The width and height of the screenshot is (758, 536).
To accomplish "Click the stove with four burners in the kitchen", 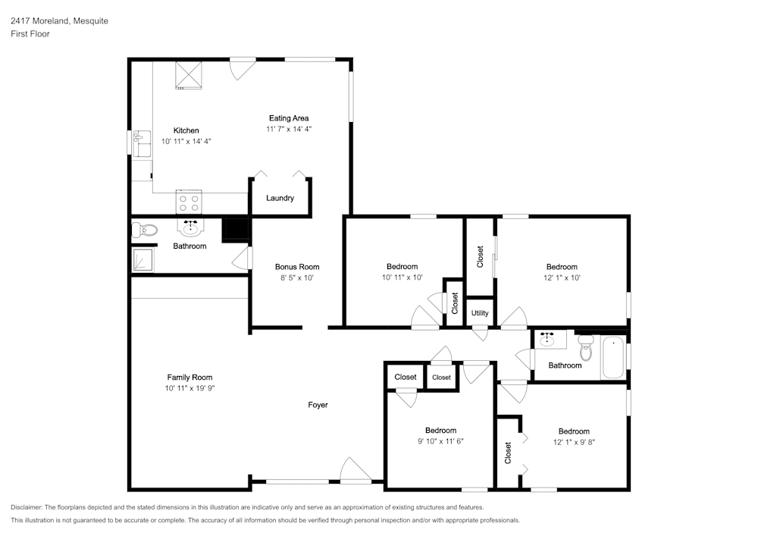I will click(189, 202).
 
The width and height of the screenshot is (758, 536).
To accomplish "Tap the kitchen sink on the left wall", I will click(140, 143).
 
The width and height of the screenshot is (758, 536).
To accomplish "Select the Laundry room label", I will click(280, 199).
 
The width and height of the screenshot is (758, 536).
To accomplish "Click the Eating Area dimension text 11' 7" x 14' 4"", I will click(289, 129).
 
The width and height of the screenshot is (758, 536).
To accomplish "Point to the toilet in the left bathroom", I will click(144, 230).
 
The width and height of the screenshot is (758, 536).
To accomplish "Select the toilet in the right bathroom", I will click(585, 349).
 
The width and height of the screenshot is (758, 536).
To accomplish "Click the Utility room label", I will click(480, 313).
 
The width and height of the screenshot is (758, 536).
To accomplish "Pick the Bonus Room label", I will click(296, 267).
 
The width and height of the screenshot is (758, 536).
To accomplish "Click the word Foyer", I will click(318, 405).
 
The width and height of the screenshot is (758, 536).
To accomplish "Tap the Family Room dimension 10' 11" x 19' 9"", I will click(189, 388).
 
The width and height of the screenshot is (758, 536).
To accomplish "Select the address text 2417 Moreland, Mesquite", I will click(59, 21).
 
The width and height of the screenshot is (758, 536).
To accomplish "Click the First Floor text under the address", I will click(30, 34).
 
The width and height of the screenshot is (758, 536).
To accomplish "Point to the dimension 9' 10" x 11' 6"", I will click(440, 441).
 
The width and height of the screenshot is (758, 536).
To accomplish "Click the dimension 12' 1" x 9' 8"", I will click(574, 442).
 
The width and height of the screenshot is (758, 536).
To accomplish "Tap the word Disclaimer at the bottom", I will click(28, 507).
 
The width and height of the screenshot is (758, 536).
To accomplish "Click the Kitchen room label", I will click(186, 130).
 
